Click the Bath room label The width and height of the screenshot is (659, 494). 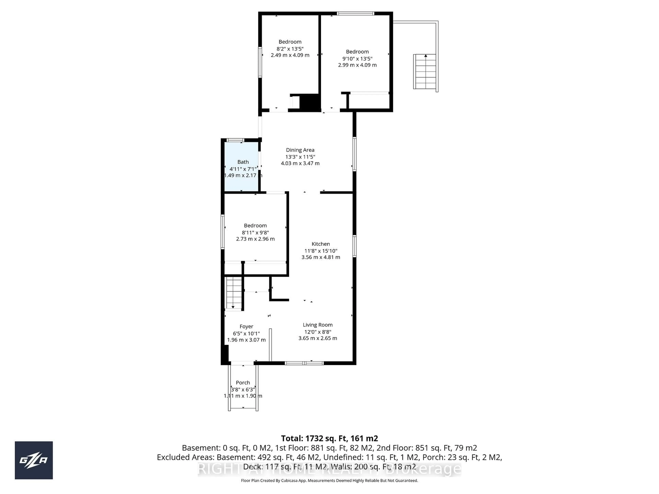(243, 162)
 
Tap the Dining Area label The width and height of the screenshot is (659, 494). (300, 150)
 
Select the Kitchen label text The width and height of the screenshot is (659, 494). (321, 244)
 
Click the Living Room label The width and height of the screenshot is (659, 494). (318, 325)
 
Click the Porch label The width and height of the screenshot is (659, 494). (243, 383)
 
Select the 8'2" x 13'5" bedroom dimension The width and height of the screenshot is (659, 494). (290, 49)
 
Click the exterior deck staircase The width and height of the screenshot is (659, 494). (425, 72)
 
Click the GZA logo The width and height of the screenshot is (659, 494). (34, 460)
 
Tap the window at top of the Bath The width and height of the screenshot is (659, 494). (235, 140)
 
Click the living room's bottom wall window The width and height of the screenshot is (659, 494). (304, 363)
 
